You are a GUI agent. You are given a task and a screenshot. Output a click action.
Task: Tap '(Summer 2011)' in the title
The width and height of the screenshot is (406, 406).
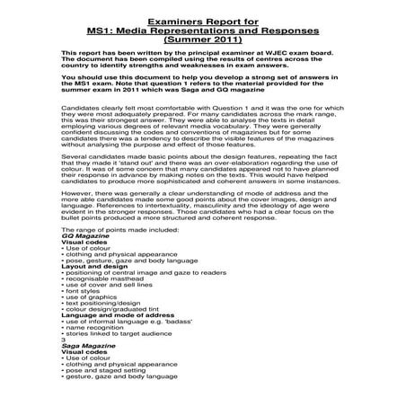202,40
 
